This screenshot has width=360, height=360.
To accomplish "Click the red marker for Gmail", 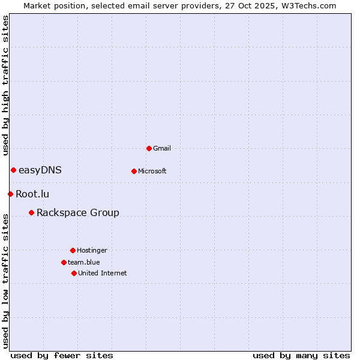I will coord(149,148).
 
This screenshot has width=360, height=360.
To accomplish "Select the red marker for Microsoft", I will coord(134,171).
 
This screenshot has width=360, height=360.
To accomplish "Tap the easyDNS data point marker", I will coord(13,170).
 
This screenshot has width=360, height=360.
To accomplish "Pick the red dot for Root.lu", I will coord(10,194).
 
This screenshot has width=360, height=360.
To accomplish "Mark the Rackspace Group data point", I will coord(31,212).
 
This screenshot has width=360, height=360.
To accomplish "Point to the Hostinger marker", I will coord(73,250).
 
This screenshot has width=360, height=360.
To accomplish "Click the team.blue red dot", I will coord(64,262).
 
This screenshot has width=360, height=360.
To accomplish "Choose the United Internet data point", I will coord(74,273).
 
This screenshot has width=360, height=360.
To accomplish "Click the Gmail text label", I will coord(162,148).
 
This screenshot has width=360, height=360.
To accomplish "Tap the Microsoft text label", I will coord(152,171).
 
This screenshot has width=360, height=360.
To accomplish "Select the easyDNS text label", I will coord(40,170).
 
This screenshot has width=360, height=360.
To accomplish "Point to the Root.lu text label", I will coord(32,194).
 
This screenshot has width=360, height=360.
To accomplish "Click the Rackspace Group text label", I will coord(78,212).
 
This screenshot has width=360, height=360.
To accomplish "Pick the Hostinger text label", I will coord(92,250).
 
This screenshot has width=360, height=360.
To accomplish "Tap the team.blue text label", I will coord(84,262).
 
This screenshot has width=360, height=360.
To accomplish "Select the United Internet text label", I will coord(103,273).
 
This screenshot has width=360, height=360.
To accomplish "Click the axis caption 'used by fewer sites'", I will coord(62,355).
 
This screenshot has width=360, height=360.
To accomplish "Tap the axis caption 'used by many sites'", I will coord(301,355).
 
